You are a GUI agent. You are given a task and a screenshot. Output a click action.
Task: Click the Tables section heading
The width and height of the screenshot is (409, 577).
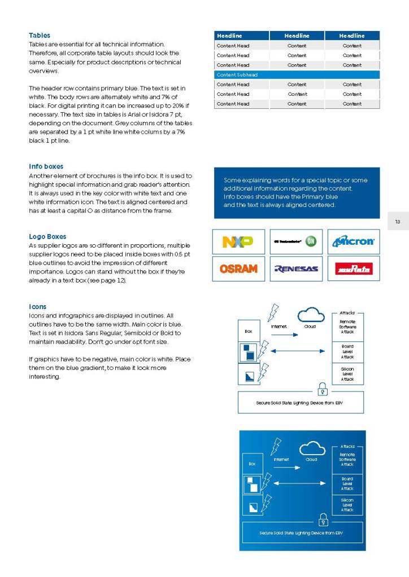click(x=40, y=36)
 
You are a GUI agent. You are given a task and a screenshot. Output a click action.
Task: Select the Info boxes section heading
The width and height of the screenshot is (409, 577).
click(x=46, y=166)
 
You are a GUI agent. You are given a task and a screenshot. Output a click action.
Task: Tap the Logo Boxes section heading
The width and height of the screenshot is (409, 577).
click(x=47, y=237)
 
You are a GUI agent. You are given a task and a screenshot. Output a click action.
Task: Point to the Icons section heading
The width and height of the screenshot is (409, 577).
click(x=37, y=307)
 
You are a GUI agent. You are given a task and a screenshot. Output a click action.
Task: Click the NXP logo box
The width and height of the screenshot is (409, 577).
click(x=238, y=241)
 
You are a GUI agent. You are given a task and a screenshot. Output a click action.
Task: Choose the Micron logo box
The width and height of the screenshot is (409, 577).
click(x=354, y=241)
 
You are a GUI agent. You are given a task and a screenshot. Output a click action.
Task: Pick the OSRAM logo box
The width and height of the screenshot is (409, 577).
click(x=238, y=269)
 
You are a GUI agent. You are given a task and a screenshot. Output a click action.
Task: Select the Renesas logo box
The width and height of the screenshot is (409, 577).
click(x=296, y=269)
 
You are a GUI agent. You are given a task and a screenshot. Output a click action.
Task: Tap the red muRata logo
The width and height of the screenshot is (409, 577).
click(x=354, y=269)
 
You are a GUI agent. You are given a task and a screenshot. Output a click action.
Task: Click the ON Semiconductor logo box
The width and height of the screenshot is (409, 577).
click(x=296, y=241)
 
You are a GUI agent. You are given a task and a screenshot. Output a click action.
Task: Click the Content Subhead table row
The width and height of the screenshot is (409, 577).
click(x=297, y=74)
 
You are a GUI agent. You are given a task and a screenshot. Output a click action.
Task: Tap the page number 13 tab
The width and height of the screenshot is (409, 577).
click(x=398, y=222)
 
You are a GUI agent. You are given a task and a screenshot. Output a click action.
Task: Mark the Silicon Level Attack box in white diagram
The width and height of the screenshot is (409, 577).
click(x=347, y=373)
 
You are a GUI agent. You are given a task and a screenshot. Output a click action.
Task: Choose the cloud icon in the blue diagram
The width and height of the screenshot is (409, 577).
click(x=312, y=448)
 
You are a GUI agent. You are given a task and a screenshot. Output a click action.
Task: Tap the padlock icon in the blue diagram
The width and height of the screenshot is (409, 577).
click(x=324, y=519)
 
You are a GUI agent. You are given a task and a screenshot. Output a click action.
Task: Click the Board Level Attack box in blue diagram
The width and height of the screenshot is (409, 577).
click(x=347, y=483)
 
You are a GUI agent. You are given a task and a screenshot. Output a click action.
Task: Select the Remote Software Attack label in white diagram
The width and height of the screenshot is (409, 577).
click(x=347, y=327)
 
